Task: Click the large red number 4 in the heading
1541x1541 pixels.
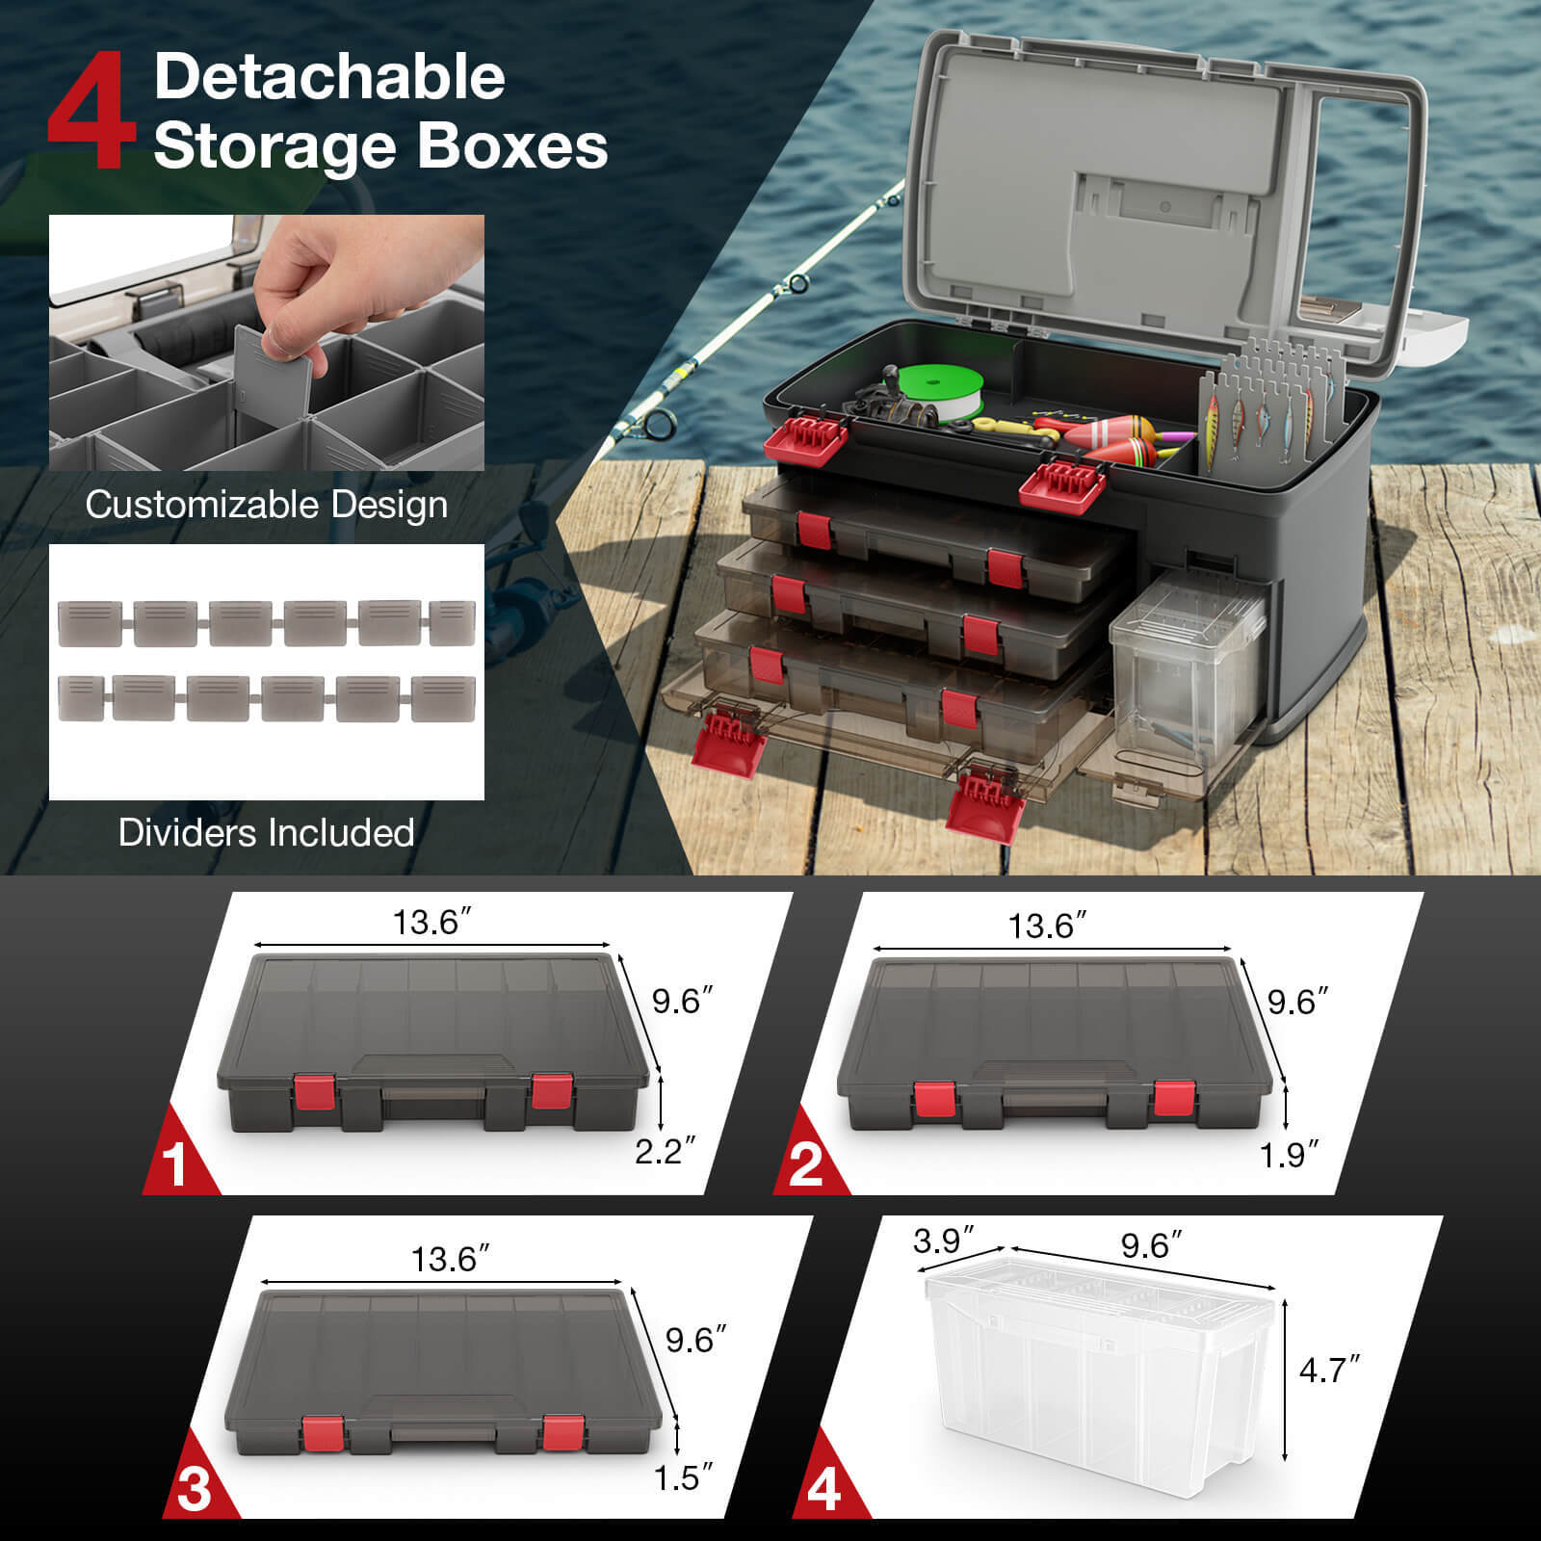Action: (91, 113)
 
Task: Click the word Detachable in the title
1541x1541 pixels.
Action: (329, 76)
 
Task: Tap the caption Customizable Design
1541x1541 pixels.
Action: (267, 505)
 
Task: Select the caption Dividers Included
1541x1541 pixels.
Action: (267, 832)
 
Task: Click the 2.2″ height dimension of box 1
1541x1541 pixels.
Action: (665, 1150)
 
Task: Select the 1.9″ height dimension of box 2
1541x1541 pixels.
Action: (1289, 1154)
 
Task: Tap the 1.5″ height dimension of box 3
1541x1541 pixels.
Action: (684, 1476)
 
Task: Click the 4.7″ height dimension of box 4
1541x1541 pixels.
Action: (1329, 1370)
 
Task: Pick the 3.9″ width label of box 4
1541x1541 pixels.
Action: (944, 1240)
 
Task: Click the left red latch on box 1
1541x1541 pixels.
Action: (315, 1092)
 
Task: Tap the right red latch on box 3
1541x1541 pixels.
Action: (562, 1432)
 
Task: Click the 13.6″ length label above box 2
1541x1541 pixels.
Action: (1047, 927)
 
